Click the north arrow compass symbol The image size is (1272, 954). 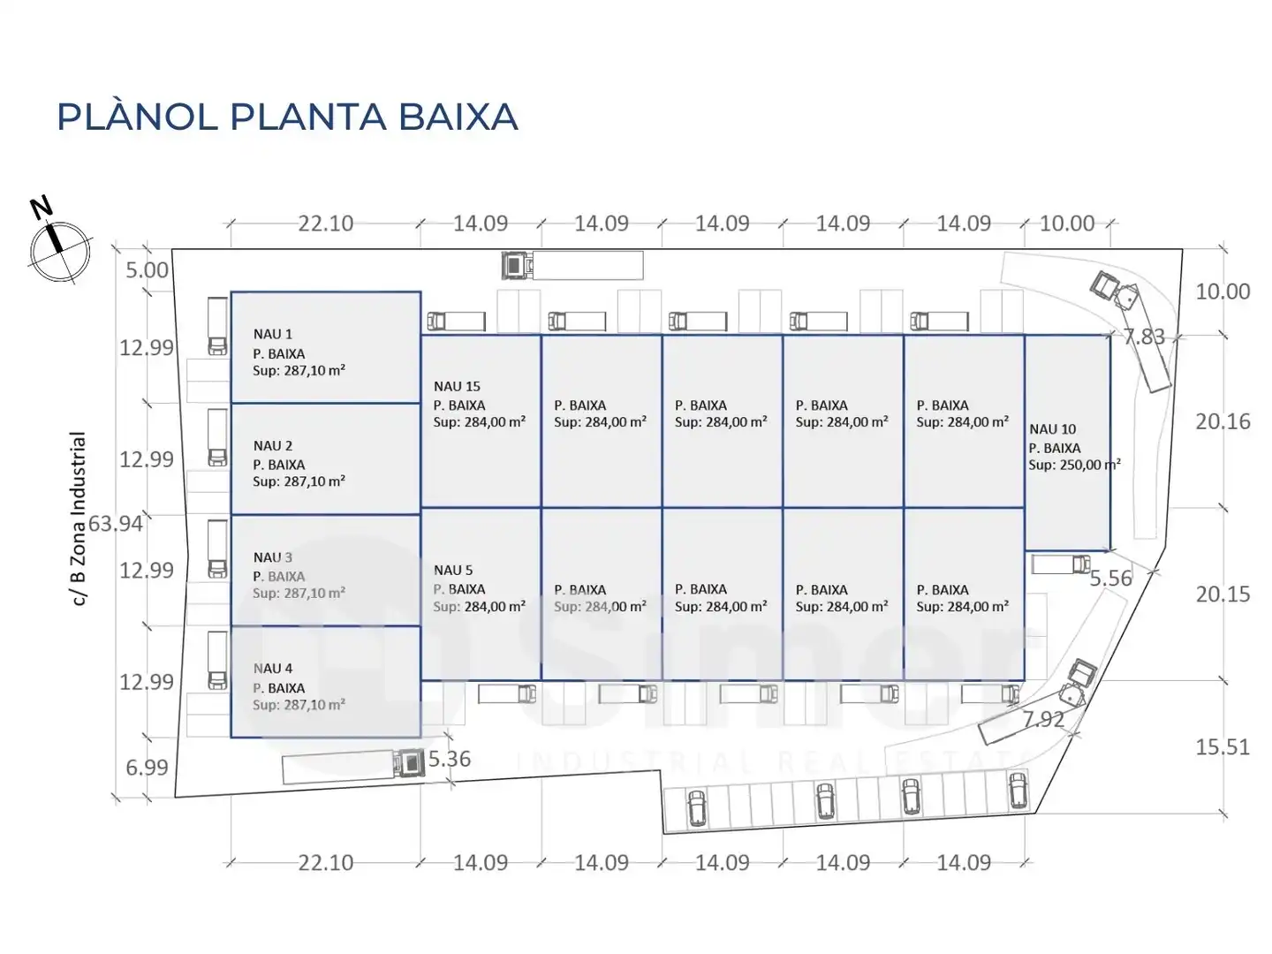[60, 251]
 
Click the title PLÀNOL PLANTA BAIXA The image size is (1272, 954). [287, 117]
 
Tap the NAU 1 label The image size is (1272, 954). [272, 334]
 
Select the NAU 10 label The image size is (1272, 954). [1052, 429]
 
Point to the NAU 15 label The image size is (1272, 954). [457, 386]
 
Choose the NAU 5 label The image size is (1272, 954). [452, 570]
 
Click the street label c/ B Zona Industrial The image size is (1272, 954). [79, 519]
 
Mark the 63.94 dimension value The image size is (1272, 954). [116, 524]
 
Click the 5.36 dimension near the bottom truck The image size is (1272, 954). [449, 759]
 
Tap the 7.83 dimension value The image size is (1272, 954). [1144, 337]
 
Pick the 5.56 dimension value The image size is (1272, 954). [1110, 578]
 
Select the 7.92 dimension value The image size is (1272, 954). [1043, 719]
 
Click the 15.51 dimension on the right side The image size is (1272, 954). [1223, 747]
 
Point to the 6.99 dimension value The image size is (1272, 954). [147, 768]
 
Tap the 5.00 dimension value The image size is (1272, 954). [147, 270]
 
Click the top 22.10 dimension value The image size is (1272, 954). [326, 223]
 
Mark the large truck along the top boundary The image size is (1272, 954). [572, 265]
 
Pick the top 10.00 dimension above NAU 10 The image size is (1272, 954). [1067, 223]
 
